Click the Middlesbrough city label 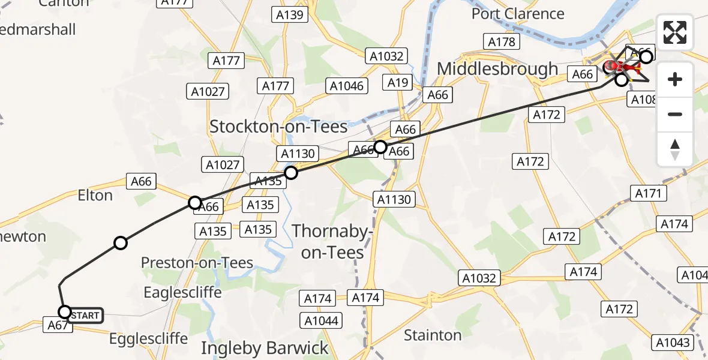pyautogui.click(x=497, y=69)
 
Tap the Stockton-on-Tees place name pyautogui.click(x=278, y=127)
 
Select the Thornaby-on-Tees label pyautogui.click(x=332, y=241)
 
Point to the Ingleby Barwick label pyautogui.click(x=265, y=348)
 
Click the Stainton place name pyautogui.click(x=432, y=335)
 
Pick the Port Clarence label pyautogui.click(x=518, y=14)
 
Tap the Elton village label pyautogui.click(x=95, y=195)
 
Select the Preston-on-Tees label pyautogui.click(x=197, y=263)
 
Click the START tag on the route pyautogui.click(x=85, y=315)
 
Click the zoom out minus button pyautogui.click(x=675, y=115)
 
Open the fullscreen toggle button pyautogui.click(x=675, y=32)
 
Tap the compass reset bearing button pyautogui.click(x=675, y=149)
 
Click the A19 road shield pyautogui.click(x=398, y=83)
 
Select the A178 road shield pyautogui.click(x=502, y=41)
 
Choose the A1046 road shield pyautogui.click(x=347, y=86)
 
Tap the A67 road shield pyautogui.click(x=56, y=325)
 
